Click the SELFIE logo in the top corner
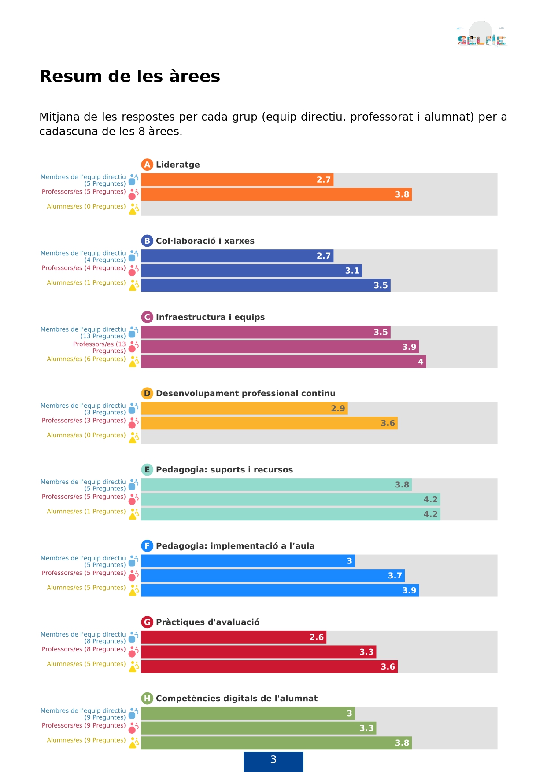click(x=481, y=35)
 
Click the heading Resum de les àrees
click(x=129, y=77)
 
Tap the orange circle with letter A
click(x=147, y=165)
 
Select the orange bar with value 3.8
click(x=276, y=194)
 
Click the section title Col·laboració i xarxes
click(x=205, y=241)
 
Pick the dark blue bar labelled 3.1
click(x=251, y=271)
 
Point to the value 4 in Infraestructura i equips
click(x=421, y=362)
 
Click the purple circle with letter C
click(x=147, y=317)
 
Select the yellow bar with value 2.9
click(x=244, y=408)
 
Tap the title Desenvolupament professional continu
click(x=245, y=394)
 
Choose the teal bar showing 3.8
click(x=276, y=485)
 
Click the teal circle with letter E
click(x=147, y=470)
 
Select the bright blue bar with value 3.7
click(x=273, y=575)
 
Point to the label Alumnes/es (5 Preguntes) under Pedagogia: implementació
click(x=86, y=588)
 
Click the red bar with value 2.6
click(x=233, y=637)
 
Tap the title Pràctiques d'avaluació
click(x=207, y=622)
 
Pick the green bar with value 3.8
click(x=276, y=743)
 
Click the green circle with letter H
click(x=147, y=699)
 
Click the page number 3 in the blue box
click(x=273, y=760)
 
